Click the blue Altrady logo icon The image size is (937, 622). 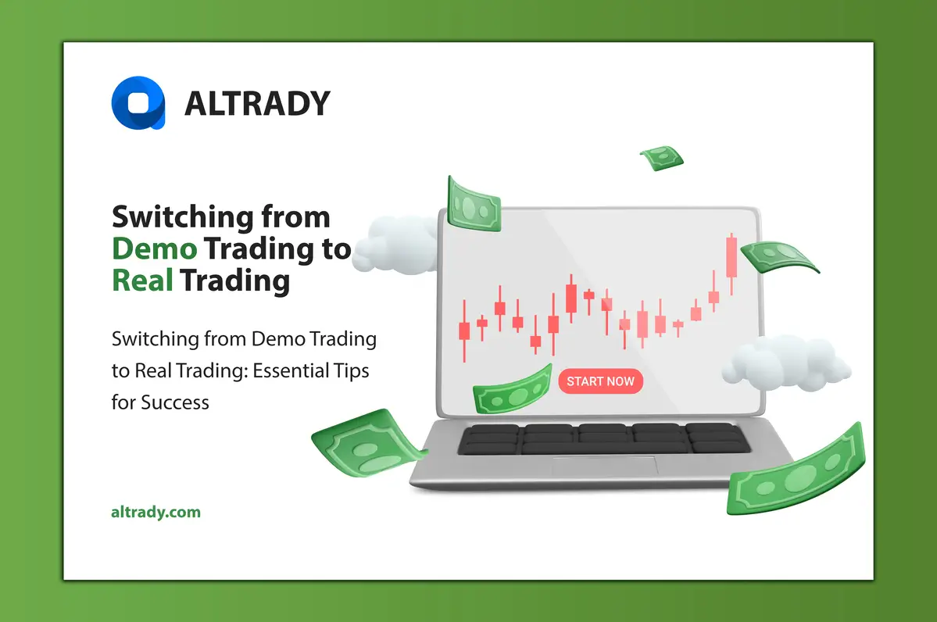138,102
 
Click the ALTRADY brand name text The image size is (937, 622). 257,103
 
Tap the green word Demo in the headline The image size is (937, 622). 154,248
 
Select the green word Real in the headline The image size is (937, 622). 142,280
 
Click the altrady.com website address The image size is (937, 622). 156,513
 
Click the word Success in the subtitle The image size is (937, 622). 175,402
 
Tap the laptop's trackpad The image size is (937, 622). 604,466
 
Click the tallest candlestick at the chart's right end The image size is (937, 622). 731,257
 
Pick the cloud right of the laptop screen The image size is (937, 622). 785,363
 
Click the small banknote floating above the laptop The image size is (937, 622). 662,158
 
